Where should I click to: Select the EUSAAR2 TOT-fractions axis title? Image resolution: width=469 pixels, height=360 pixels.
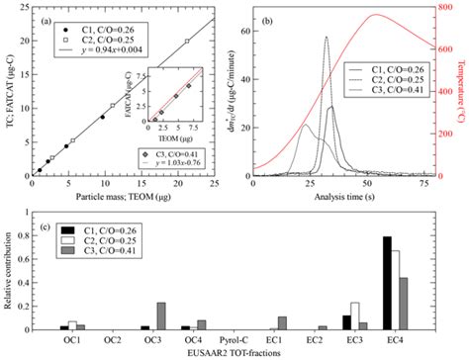[232, 353]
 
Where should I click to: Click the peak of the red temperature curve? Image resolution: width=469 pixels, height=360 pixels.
[375, 15]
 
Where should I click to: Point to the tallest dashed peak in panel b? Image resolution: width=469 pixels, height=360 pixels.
[326, 38]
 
